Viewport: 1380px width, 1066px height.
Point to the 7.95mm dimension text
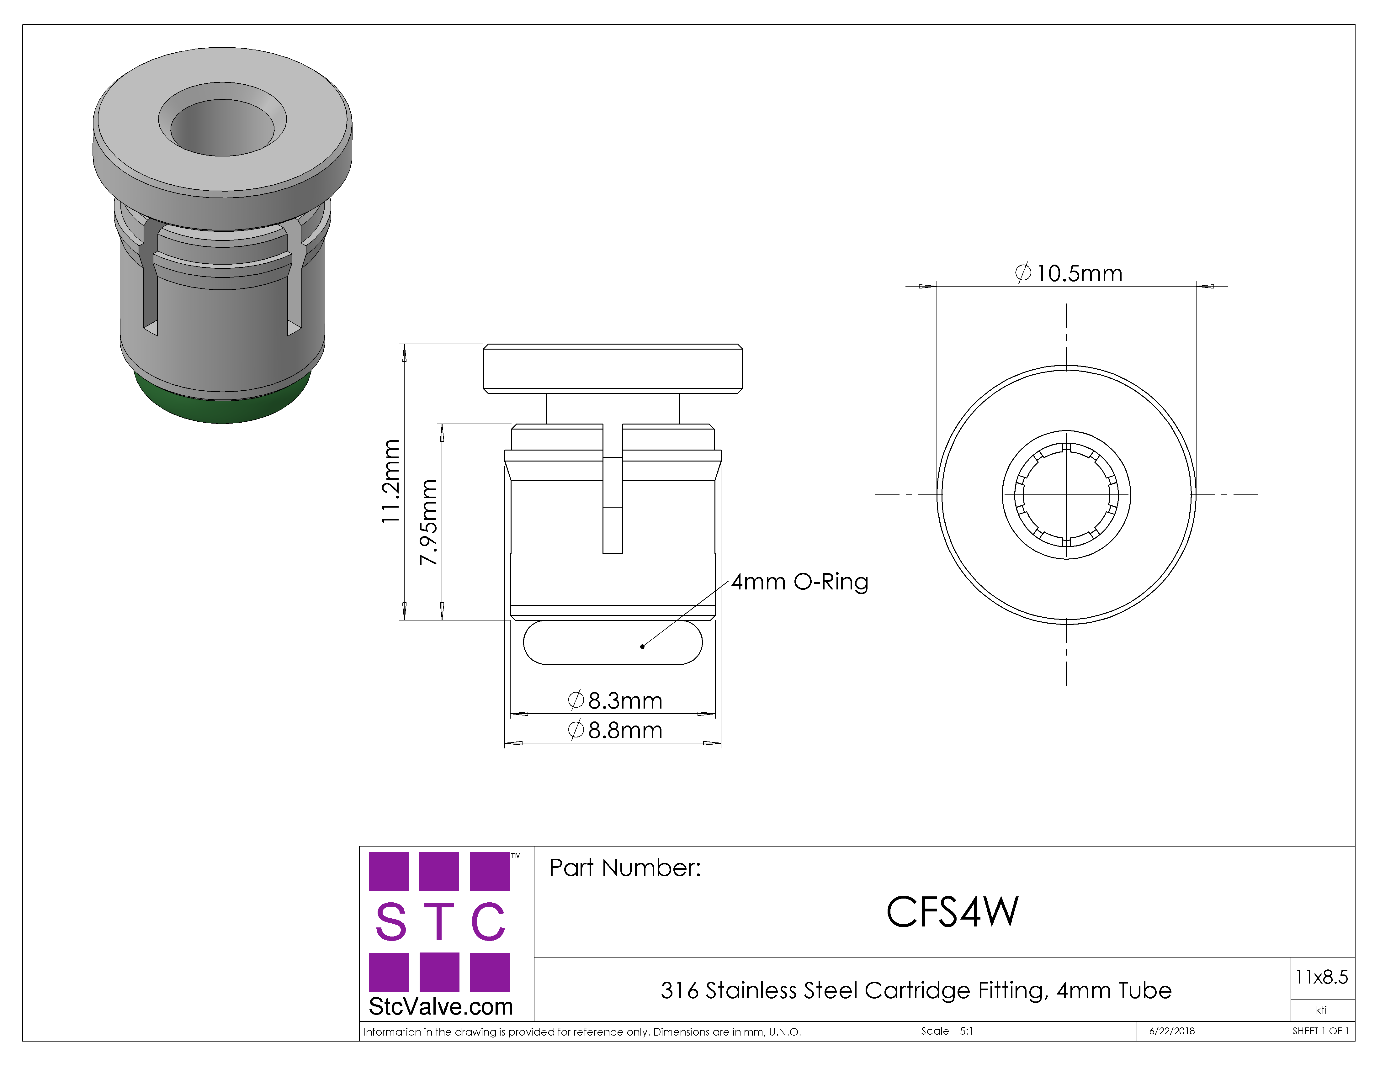pyautogui.click(x=428, y=522)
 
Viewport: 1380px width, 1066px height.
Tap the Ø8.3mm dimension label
pyautogui.click(x=615, y=700)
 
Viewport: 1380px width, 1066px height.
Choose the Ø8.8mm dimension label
pyautogui.click(x=615, y=730)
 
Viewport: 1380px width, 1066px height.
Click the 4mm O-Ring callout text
pyautogui.click(x=800, y=582)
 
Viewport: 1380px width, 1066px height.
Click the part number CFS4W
pyautogui.click(x=952, y=912)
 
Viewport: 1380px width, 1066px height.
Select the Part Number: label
pyautogui.click(x=625, y=868)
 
